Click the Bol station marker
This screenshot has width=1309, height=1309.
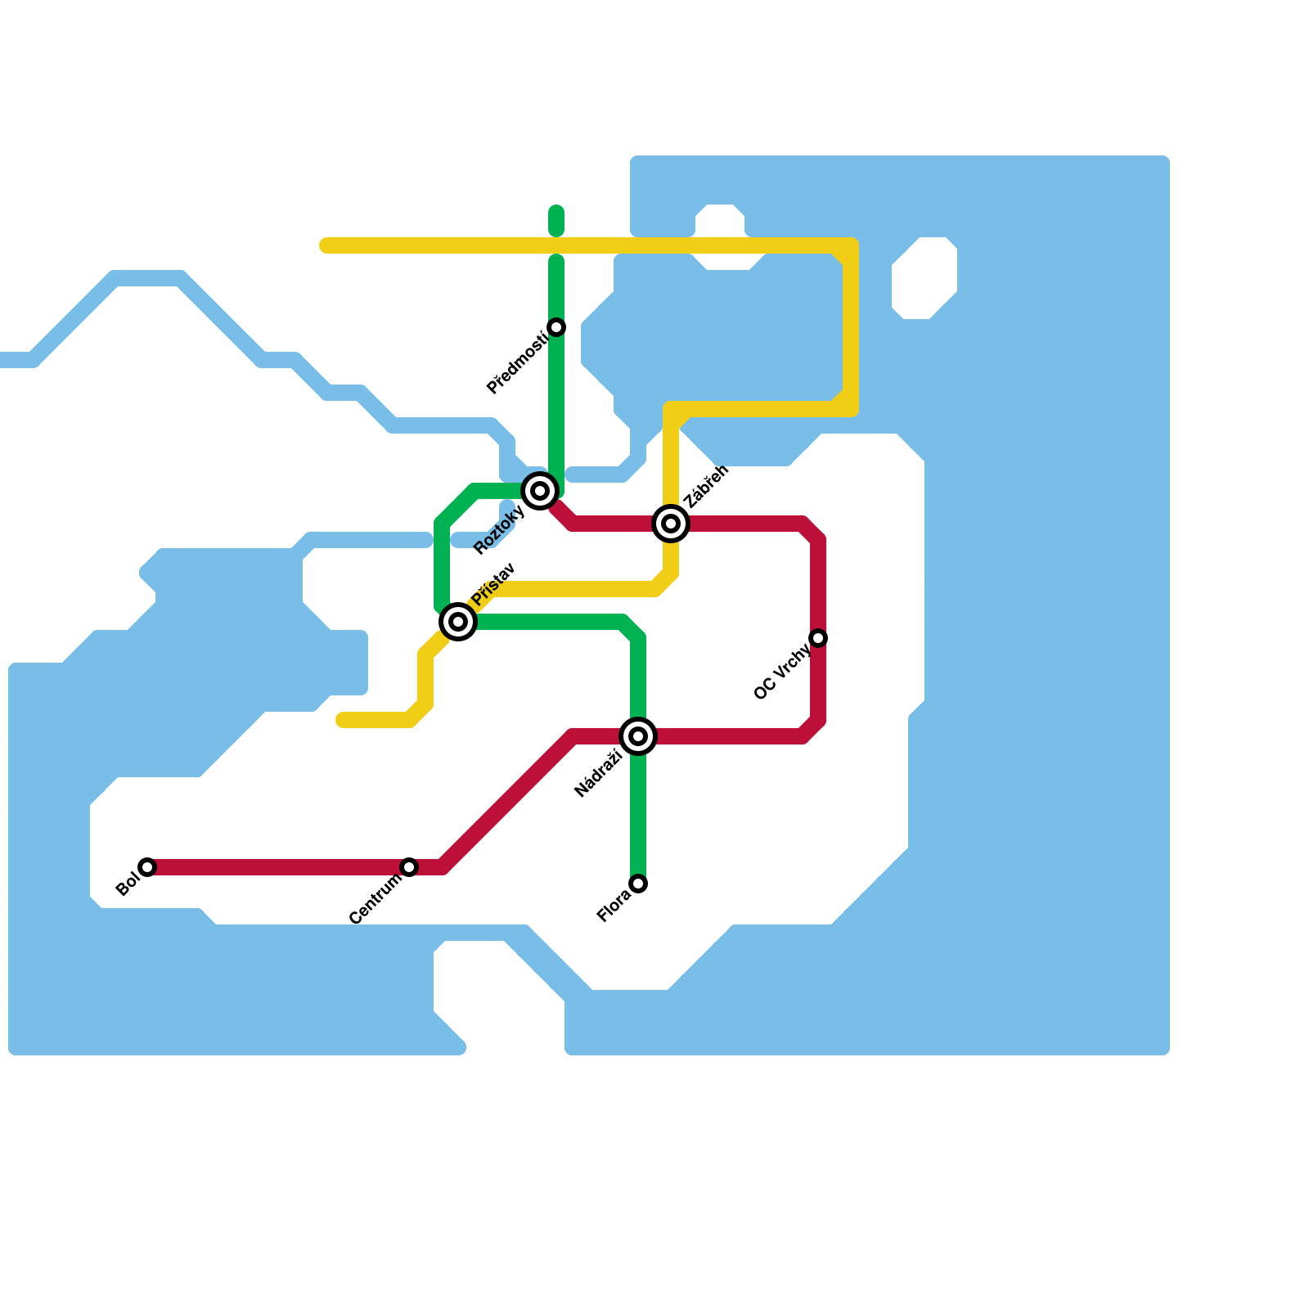coord(147,867)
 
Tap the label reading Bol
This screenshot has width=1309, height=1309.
coord(127,885)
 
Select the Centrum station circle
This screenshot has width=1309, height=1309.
coord(409,867)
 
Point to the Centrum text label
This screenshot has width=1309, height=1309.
coord(376,898)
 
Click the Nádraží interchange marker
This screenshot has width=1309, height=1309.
coord(638,736)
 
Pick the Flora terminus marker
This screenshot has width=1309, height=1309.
coord(638,884)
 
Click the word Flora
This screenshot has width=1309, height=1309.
coord(614,906)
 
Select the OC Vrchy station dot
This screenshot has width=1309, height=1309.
coord(818,638)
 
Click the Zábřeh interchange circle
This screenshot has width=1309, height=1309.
coord(671,524)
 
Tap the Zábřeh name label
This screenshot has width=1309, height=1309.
coord(705,487)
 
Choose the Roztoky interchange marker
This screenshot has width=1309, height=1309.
coord(540,491)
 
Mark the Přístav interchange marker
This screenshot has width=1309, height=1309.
coord(458,622)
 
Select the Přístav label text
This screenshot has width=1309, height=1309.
coord(493,584)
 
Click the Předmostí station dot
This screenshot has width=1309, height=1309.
coord(556,327)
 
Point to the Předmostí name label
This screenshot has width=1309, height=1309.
coord(516,363)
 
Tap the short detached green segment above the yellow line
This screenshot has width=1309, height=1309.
coord(556,221)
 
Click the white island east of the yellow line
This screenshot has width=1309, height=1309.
coord(924,278)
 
